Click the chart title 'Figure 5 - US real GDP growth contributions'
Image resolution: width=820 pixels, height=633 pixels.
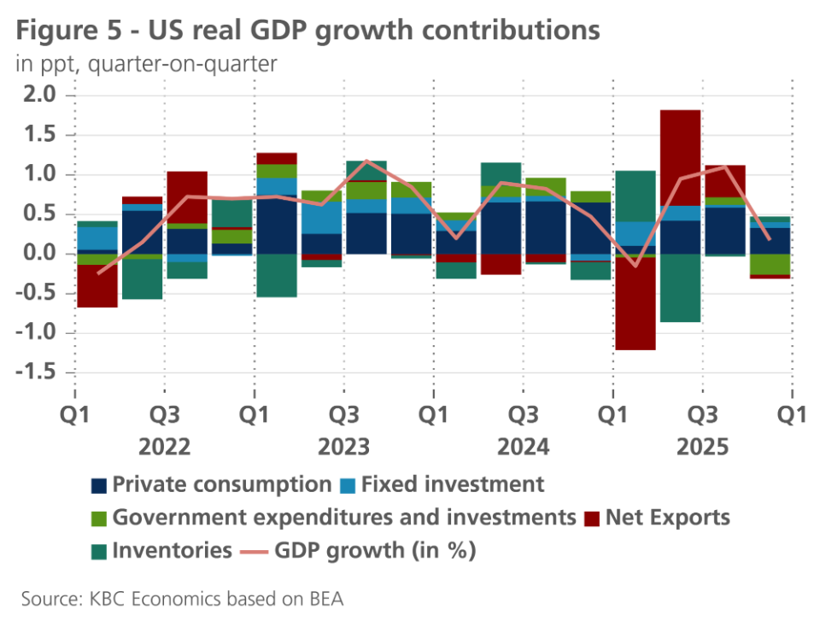tap(307, 31)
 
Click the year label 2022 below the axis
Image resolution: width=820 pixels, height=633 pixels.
tap(164, 448)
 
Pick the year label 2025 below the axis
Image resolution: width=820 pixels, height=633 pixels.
tap(702, 448)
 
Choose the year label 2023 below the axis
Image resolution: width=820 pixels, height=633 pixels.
tap(343, 448)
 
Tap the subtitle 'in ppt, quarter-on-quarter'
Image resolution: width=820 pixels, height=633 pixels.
tap(146, 64)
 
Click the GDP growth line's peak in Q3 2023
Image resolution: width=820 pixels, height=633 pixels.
tap(366, 161)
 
